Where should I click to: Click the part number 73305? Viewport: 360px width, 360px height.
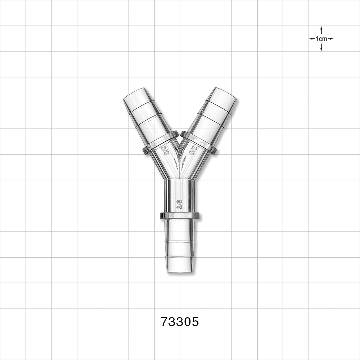tap(180, 322)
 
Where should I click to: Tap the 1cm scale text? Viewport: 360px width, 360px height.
tap(321, 39)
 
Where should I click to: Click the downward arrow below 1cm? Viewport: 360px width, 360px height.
tap(321, 48)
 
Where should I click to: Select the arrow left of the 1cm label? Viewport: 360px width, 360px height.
tap(312, 39)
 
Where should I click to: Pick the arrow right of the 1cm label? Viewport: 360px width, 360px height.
tap(330, 39)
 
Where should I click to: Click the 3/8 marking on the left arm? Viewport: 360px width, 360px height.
tap(166, 149)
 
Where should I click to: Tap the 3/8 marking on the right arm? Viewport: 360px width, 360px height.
tap(194, 149)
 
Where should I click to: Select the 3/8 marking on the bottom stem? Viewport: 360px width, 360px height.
tap(180, 205)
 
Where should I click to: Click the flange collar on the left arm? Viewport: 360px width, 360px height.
tap(161, 143)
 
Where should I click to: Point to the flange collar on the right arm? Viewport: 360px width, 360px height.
tap(199, 143)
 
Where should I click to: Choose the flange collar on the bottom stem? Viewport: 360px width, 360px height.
tap(180, 216)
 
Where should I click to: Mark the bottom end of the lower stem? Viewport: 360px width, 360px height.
tap(180, 271)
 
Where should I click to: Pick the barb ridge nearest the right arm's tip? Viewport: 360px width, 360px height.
tap(220, 107)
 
